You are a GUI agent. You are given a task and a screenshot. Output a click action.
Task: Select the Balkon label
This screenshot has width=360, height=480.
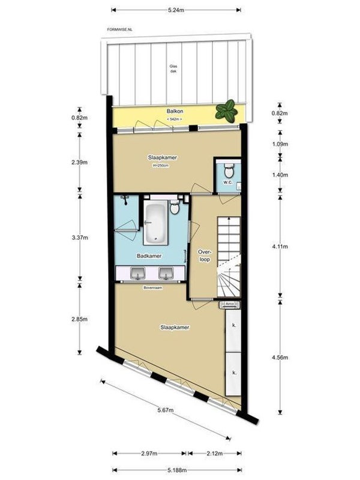174,112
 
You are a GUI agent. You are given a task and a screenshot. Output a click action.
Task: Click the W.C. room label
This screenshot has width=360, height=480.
227,182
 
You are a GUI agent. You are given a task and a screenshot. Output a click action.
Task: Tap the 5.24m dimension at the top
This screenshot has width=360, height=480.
176,10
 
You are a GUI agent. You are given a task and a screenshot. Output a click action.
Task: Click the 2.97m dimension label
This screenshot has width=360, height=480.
148,454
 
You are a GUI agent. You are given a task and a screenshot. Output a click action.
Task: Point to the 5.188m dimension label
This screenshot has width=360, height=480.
176,470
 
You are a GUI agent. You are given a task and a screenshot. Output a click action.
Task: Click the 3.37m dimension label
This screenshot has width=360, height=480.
80,238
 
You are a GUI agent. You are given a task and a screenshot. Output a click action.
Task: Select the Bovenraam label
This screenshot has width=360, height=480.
152,288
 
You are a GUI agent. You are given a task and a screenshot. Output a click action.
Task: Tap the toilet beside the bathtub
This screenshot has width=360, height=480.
174,208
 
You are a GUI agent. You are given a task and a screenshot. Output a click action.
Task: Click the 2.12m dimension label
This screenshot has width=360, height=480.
214,454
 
